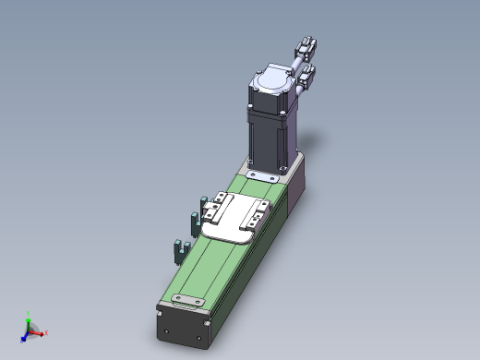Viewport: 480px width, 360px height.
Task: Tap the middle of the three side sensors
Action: point(195,222)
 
